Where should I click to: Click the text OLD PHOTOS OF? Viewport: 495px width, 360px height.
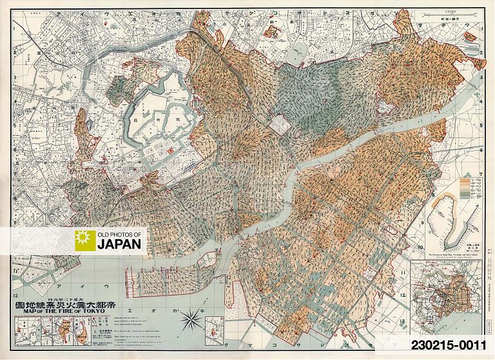(x=121, y=234)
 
